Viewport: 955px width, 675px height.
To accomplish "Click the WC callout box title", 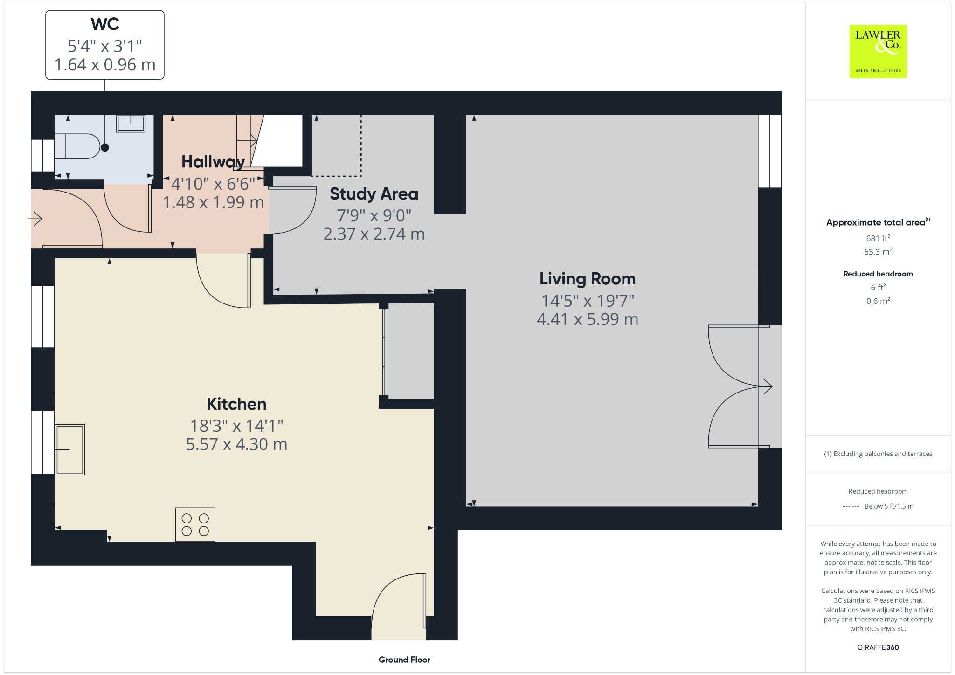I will click(105, 24).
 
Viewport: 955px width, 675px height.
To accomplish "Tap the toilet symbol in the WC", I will click(77, 146).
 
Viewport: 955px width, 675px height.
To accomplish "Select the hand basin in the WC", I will click(131, 124).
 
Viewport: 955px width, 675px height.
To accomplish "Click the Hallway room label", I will click(213, 162).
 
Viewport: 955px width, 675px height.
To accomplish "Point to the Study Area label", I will click(374, 193).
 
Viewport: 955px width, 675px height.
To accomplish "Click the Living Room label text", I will click(587, 278).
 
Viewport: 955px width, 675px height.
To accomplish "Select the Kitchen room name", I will click(236, 404).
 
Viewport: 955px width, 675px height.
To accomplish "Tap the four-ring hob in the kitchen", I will click(195, 524).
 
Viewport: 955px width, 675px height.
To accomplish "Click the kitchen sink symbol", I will click(70, 449).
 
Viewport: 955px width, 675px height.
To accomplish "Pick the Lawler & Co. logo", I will click(878, 51).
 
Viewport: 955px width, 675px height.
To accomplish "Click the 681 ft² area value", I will click(878, 238).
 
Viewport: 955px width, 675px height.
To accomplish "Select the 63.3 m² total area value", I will click(878, 252).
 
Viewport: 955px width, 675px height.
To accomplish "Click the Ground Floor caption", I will click(404, 660).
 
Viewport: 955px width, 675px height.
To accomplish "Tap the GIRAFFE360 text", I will click(878, 647).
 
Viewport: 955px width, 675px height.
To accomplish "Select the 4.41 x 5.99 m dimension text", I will click(587, 319).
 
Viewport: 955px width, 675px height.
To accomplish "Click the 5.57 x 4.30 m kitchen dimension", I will click(236, 444).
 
